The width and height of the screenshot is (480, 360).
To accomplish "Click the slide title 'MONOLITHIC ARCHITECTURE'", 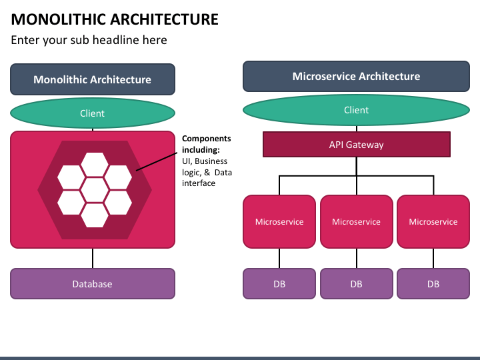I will pyautogui.click(x=115, y=19).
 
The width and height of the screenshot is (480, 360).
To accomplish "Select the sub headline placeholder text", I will pyautogui.click(x=89, y=40).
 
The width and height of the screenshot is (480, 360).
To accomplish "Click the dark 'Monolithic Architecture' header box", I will pyautogui.click(x=93, y=79).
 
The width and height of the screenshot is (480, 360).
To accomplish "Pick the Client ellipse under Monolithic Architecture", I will pyautogui.click(x=93, y=113).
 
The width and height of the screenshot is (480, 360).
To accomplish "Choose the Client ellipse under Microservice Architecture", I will pyautogui.click(x=356, y=110).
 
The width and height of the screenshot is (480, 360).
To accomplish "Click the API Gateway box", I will pyautogui.click(x=356, y=145).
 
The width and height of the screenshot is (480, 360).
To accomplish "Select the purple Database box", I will pyautogui.click(x=93, y=284).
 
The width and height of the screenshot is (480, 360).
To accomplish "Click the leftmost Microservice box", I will pyautogui.click(x=279, y=221).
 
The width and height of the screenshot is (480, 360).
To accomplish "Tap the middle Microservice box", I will pyautogui.click(x=356, y=221).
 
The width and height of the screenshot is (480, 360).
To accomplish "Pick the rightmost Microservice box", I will pyautogui.click(x=433, y=221).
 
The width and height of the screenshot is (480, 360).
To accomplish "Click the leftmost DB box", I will pyautogui.click(x=279, y=284).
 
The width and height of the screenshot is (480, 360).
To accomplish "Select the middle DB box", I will pyautogui.click(x=356, y=284).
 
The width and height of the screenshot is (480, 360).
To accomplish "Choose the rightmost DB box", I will pyautogui.click(x=433, y=284).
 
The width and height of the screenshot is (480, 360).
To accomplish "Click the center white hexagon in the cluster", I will pyautogui.click(x=94, y=190).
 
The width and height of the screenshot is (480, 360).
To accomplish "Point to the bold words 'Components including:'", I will pyautogui.click(x=206, y=144).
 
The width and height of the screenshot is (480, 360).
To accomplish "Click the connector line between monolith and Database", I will pyautogui.click(x=93, y=258).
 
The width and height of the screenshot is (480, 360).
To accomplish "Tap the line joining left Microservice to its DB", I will pyautogui.click(x=279, y=259).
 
